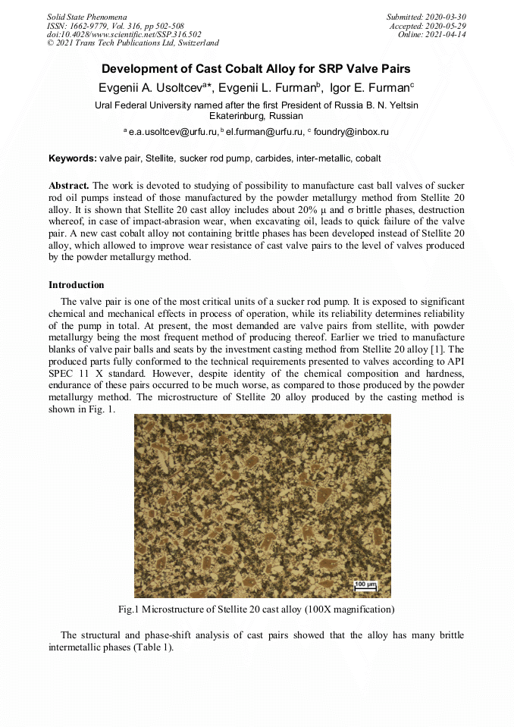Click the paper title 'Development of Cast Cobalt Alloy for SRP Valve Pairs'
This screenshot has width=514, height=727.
click(x=256, y=68)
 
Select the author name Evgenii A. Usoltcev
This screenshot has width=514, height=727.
click(x=154, y=87)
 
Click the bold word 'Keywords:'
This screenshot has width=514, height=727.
click(x=73, y=158)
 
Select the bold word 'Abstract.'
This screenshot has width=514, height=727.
click(x=69, y=186)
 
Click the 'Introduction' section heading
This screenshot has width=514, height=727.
click(x=77, y=285)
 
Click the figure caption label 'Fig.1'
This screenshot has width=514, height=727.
click(x=127, y=609)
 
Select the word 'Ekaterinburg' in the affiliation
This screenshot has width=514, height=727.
click(x=234, y=116)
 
